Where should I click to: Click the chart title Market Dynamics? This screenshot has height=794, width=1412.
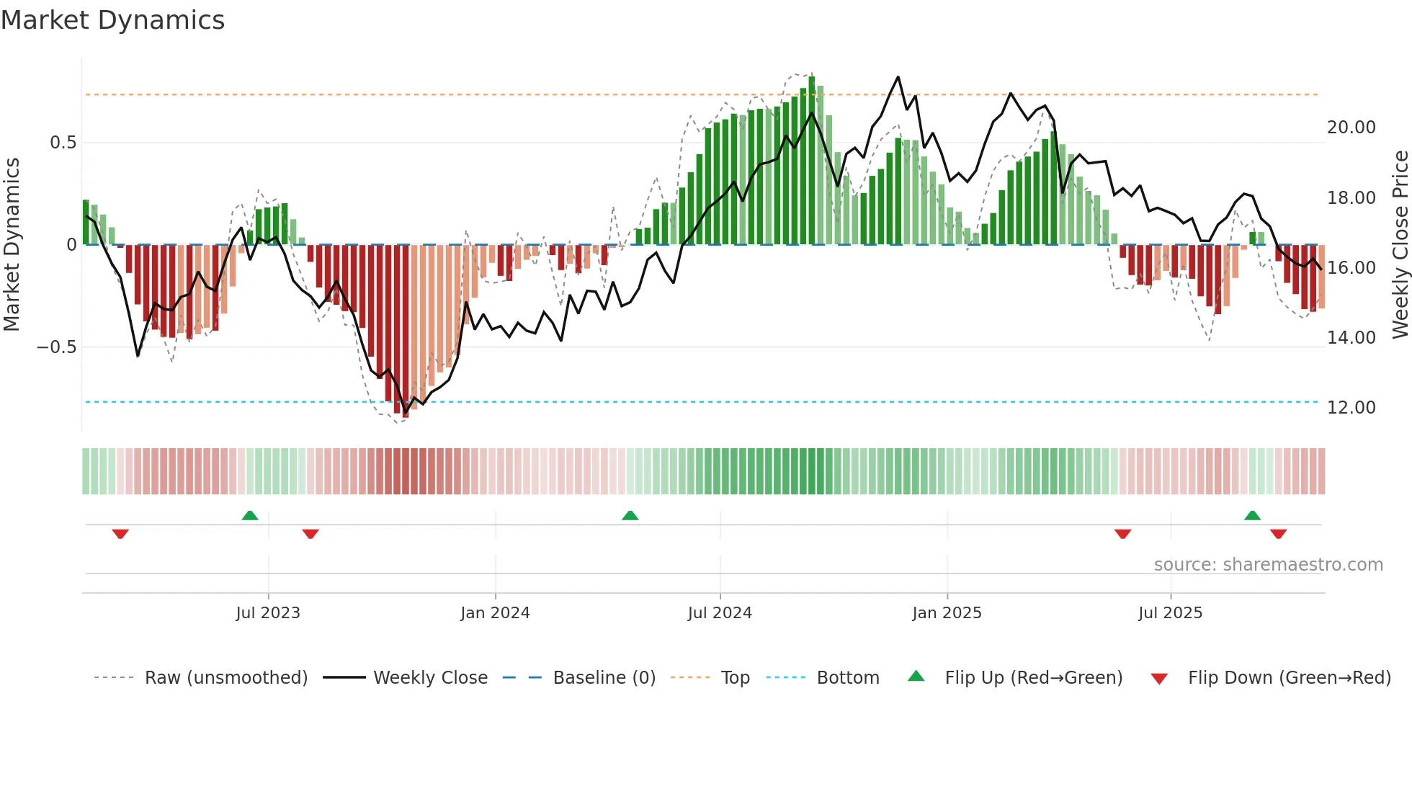coord(112,20)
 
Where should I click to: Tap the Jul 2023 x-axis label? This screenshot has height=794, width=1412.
coord(268,613)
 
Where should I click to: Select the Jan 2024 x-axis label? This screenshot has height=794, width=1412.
coord(495,613)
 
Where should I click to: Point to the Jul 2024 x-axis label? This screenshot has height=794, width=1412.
coord(720,613)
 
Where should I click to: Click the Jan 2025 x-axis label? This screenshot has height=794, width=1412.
coord(947,613)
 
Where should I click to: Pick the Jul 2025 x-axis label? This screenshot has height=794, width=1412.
coord(1170,613)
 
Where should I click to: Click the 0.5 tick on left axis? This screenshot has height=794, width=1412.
coord(63,143)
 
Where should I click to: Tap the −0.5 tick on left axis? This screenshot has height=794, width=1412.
coord(56,347)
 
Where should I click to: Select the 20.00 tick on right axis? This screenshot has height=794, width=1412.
coord(1351,128)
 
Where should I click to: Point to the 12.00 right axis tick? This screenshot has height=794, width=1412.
coord(1351,408)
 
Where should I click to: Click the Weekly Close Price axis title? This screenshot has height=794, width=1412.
coord(1400,245)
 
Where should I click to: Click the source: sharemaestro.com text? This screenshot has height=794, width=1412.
coord(1268,565)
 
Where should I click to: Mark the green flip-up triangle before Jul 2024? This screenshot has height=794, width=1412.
coord(630,515)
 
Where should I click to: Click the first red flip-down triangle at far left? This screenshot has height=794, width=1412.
coord(120,534)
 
